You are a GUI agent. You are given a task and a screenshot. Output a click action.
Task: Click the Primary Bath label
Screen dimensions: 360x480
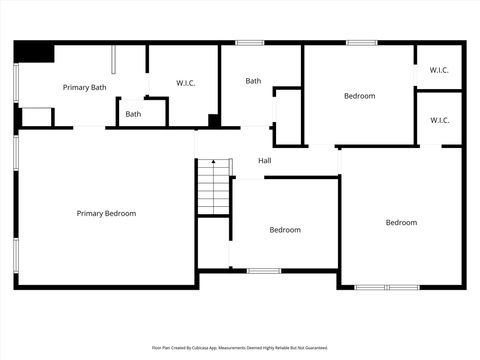84,87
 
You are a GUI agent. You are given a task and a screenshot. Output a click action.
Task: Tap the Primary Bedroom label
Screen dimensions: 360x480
106,213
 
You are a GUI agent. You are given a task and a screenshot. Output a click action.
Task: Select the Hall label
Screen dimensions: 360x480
265,161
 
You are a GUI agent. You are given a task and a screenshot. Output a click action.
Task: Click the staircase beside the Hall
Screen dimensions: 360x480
213,187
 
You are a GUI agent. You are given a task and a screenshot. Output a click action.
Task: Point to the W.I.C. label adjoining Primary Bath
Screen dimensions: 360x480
186,82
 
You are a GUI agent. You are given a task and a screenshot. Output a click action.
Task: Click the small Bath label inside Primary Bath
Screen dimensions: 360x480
133,114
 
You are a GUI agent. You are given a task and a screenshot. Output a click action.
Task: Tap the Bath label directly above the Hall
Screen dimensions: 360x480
253,81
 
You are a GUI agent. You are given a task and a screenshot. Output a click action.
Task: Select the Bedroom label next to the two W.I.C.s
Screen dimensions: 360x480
359,96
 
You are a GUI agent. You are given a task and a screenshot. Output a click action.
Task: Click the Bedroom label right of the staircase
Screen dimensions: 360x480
284,230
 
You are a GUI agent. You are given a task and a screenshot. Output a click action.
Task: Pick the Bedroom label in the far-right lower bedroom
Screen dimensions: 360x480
401,222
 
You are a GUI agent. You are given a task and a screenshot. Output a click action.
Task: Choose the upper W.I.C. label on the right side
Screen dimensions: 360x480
439,70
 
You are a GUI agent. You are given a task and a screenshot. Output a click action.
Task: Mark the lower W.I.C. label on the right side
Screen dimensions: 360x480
439,120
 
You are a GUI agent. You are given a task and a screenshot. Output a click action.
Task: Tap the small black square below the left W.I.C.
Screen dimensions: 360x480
214,121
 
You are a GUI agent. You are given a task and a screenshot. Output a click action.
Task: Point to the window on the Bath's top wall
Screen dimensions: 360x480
250,43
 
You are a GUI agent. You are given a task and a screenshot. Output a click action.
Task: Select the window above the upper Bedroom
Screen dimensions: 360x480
361,43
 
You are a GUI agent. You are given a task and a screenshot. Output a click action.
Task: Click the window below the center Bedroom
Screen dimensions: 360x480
263,270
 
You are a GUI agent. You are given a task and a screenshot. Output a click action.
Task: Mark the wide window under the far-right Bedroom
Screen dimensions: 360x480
387,287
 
